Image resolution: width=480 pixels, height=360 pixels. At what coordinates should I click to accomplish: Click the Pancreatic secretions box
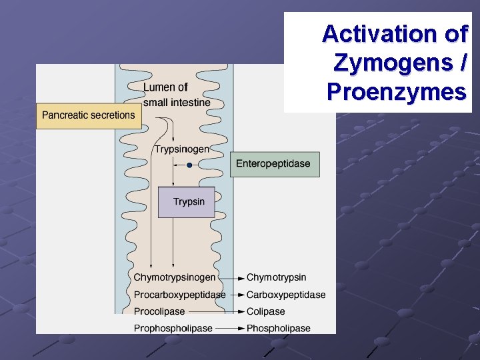pos(88,115)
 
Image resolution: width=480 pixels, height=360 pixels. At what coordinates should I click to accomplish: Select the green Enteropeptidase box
pos(274,164)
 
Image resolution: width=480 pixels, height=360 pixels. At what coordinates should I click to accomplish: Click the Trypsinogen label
pos(182,149)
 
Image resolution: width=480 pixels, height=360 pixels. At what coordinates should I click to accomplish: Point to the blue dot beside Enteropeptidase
pos(189,165)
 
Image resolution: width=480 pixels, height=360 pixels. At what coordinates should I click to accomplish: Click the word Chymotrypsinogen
pos(175,277)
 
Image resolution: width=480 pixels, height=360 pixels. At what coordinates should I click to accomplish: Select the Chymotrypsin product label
pos(277,277)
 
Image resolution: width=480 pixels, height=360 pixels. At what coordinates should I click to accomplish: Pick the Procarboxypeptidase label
pos(179,295)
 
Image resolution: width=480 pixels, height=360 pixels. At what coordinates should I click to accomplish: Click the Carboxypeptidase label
pos(286,295)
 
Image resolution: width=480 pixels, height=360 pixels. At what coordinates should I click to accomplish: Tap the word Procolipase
pos(159,311)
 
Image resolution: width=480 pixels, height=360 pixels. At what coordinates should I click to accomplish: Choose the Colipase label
pos(265,311)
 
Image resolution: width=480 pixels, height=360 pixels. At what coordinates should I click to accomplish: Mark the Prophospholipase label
pos(173,328)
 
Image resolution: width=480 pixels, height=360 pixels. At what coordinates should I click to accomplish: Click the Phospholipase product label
pos(279,328)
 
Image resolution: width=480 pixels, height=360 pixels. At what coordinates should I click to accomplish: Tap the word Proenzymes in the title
pos(397,91)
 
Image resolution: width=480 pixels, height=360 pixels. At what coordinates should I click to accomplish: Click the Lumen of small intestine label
pos(176,95)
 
